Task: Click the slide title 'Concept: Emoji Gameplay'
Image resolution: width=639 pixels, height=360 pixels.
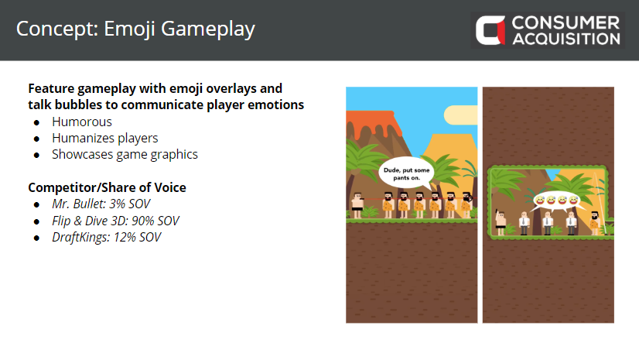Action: click(135, 29)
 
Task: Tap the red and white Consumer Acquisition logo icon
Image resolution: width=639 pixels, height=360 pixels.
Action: click(490, 30)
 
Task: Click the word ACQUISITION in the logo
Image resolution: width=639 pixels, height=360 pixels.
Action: click(566, 39)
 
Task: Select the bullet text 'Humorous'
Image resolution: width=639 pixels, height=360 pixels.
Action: click(81, 122)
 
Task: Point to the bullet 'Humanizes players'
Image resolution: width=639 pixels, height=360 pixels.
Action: click(104, 139)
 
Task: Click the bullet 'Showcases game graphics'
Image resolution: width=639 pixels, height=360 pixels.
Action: click(125, 155)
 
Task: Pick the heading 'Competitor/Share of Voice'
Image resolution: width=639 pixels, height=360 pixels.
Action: click(107, 187)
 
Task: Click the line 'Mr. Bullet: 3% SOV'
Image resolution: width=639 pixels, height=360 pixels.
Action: click(101, 204)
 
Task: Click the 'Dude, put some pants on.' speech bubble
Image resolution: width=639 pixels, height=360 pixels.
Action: click(406, 173)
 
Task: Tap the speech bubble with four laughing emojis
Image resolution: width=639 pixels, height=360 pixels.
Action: click(557, 201)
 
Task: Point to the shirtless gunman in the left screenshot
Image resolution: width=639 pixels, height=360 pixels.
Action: click(357, 205)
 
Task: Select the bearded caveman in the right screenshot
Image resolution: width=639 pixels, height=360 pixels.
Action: click(595, 223)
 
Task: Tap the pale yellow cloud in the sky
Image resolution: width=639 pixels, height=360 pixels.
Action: click(461, 115)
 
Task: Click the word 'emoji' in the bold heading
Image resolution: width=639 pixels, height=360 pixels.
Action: click(186, 89)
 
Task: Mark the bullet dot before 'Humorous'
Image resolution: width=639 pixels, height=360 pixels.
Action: click(37, 123)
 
